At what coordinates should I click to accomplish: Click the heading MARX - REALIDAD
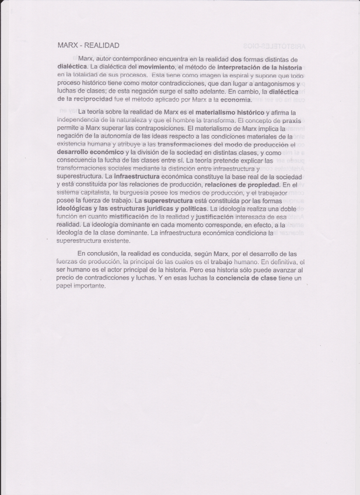click(x=88, y=45)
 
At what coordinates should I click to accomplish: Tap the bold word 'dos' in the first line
click(x=236, y=60)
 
